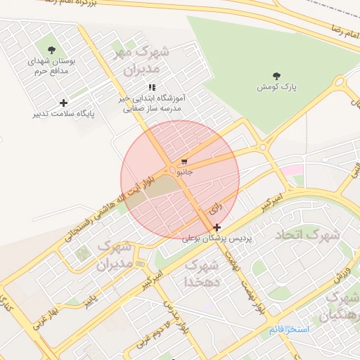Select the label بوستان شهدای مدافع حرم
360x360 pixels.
click(51, 66)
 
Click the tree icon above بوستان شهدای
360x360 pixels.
click(51, 49)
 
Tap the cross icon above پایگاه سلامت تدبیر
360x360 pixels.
click(64, 103)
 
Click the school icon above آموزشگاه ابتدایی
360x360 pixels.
click(152, 87)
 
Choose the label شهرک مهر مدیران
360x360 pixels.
click(139, 61)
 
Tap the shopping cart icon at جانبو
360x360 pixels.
click(184, 161)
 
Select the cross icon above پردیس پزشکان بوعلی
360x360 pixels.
click(217, 227)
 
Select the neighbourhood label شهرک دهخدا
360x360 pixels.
click(200, 274)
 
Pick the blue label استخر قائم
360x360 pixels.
click(289, 329)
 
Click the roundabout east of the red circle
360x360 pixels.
click(263, 147)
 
